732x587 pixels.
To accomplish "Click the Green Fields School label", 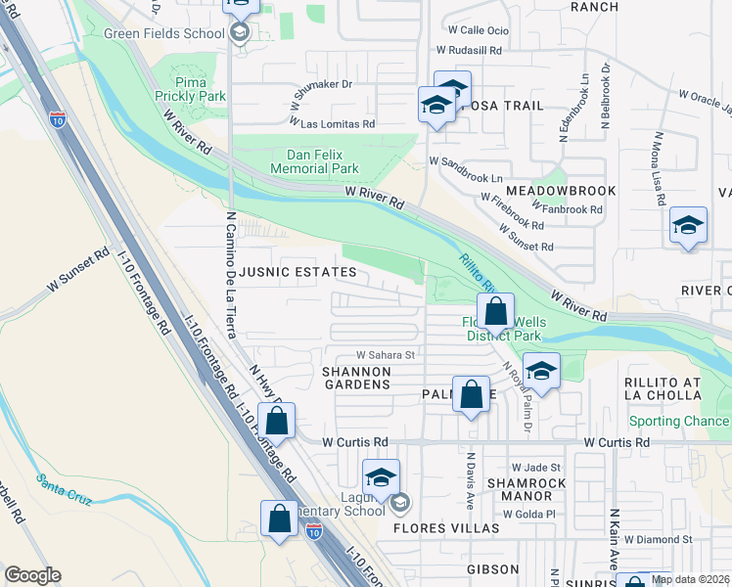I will click(x=164, y=33).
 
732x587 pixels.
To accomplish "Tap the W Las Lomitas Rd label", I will click(x=333, y=124).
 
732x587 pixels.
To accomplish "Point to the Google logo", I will click(x=32, y=575).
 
